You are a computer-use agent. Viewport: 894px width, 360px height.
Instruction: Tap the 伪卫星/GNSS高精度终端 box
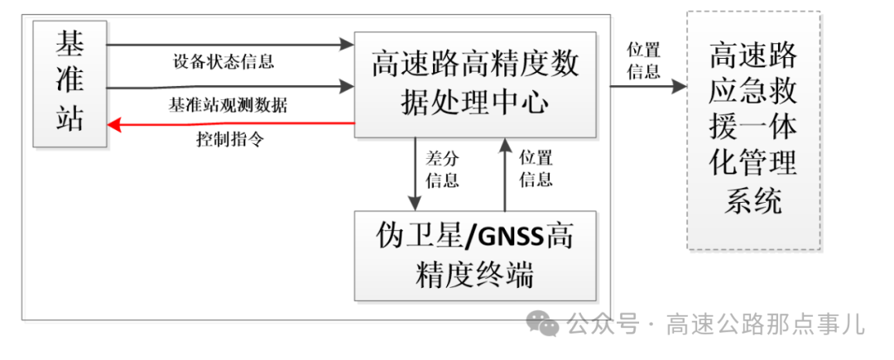tap(474, 255)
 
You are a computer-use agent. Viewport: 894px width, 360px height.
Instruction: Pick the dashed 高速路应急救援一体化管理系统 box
tap(753, 130)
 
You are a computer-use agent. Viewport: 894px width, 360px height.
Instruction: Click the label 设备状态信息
tap(223, 61)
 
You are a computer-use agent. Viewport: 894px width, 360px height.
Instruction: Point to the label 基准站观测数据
tap(228, 105)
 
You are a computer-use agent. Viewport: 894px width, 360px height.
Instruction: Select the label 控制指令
tap(230, 138)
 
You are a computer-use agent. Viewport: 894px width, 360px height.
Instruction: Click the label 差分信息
tap(442, 169)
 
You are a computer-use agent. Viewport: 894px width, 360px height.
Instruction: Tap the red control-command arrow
tap(232, 124)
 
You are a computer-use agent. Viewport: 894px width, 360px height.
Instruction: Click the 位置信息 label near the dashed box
tap(643, 60)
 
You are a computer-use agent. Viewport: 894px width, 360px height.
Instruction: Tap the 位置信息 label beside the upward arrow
tap(536, 169)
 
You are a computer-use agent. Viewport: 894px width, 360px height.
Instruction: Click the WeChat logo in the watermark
tap(544, 323)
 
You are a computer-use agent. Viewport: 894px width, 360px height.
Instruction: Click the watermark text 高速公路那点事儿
tap(765, 324)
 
